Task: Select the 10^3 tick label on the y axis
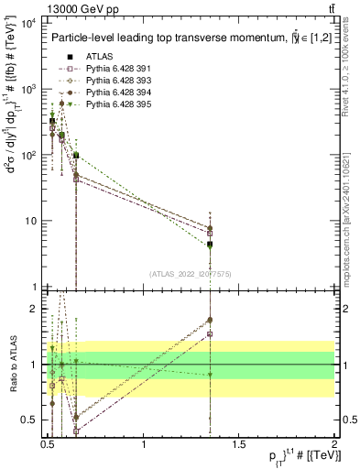point(27,90)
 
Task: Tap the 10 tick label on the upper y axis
point(30,221)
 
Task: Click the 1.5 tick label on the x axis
point(239,444)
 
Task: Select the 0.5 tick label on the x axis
point(48,444)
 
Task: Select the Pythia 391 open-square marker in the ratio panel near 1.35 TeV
point(211,334)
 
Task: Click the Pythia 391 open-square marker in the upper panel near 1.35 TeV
point(211,234)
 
